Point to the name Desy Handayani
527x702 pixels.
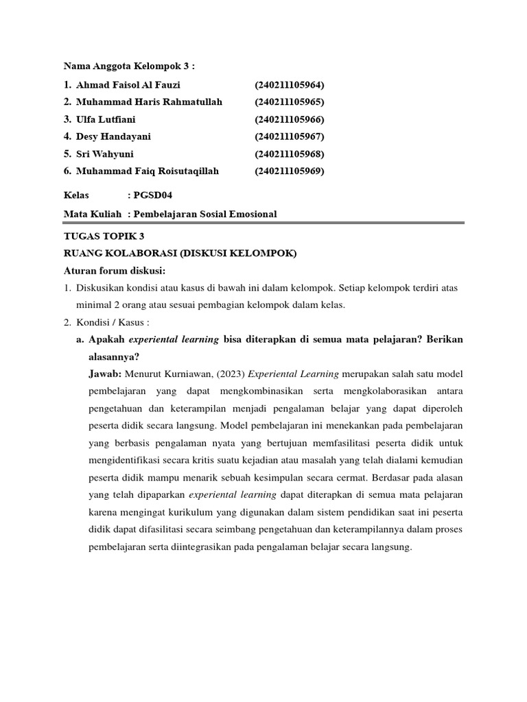114,136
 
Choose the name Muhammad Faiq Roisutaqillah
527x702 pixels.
148,171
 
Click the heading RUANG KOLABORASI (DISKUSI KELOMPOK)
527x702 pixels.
180,254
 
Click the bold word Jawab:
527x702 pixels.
105,374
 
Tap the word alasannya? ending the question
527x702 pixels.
115,356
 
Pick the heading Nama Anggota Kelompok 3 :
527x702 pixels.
129,66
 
